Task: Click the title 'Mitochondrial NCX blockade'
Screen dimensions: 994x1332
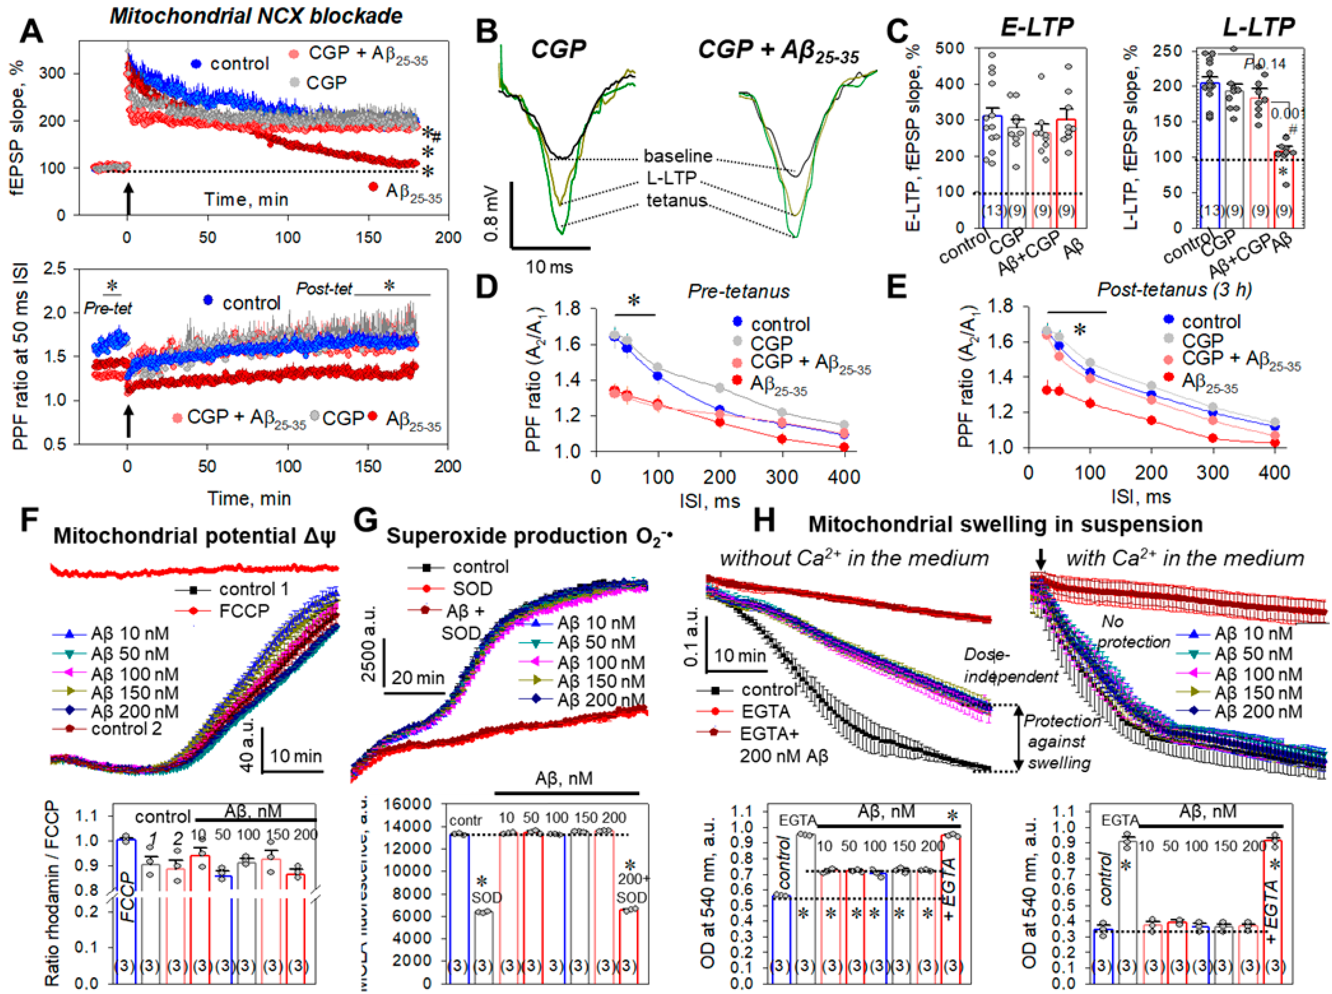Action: (256, 16)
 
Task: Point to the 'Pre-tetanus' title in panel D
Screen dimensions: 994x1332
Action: (738, 291)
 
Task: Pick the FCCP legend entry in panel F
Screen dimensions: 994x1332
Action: (244, 611)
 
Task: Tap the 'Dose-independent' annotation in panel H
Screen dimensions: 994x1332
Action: (1011, 666)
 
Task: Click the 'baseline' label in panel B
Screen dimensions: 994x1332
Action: (678, 156)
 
